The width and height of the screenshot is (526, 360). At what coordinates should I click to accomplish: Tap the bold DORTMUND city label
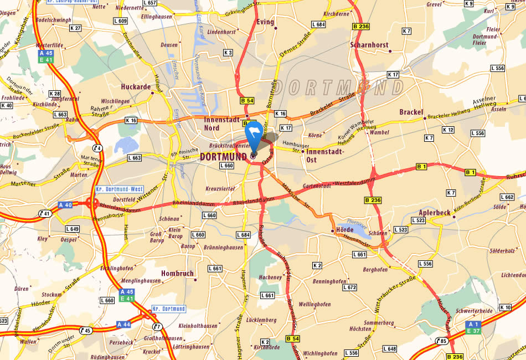point(223,157)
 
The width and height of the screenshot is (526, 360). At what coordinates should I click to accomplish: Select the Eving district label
point(266,22)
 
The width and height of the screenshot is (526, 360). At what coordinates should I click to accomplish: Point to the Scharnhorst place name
point(369,45)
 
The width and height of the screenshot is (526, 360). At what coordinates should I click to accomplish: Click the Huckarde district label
point(136,86)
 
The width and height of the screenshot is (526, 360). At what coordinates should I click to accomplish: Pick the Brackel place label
point(411,112)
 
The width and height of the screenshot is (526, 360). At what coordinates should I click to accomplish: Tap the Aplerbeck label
point(435,212)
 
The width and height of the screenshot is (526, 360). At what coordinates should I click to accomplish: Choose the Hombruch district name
point(177,273)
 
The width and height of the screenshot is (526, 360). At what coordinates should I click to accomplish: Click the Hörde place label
point(344,229)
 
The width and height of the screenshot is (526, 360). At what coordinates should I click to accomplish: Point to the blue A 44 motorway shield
point(123,324)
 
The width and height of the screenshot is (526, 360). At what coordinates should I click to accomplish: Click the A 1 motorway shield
point(473,324)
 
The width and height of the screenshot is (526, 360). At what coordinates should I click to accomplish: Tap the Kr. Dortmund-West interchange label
point(119,189)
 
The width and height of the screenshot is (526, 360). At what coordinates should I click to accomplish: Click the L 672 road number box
point(349,287)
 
